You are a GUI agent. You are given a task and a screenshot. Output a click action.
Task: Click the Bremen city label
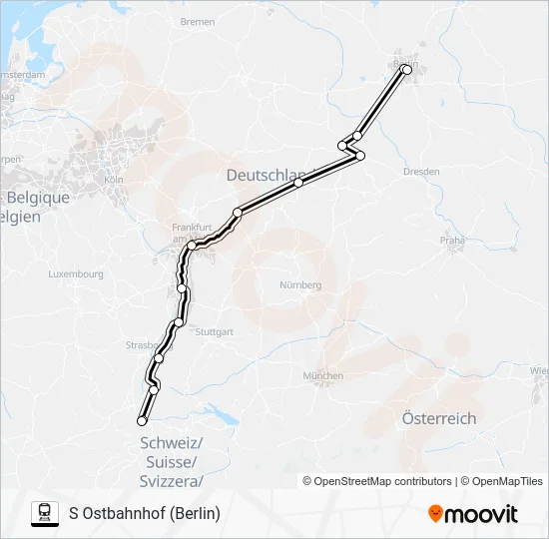click(198, 22)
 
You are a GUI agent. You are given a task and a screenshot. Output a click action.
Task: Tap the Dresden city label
click(421, 172)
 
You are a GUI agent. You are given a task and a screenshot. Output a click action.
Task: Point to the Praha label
click(454, 241)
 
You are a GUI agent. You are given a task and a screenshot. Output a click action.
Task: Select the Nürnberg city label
click(300, 285)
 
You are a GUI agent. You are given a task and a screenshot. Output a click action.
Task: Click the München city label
click(321, 376)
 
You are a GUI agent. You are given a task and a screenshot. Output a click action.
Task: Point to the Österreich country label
click(438, 418)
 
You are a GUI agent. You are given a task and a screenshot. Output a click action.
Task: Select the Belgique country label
click(37, 198)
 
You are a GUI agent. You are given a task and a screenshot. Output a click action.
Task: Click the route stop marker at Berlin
click(406, 70)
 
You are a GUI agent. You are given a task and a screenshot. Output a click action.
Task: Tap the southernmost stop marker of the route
click(142, 421)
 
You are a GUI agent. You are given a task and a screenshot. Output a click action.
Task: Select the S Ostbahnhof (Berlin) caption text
click(145, 513)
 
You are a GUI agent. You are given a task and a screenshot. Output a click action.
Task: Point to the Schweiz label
click(172, 443)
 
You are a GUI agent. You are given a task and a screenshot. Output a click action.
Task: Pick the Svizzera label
click(172, 481)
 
